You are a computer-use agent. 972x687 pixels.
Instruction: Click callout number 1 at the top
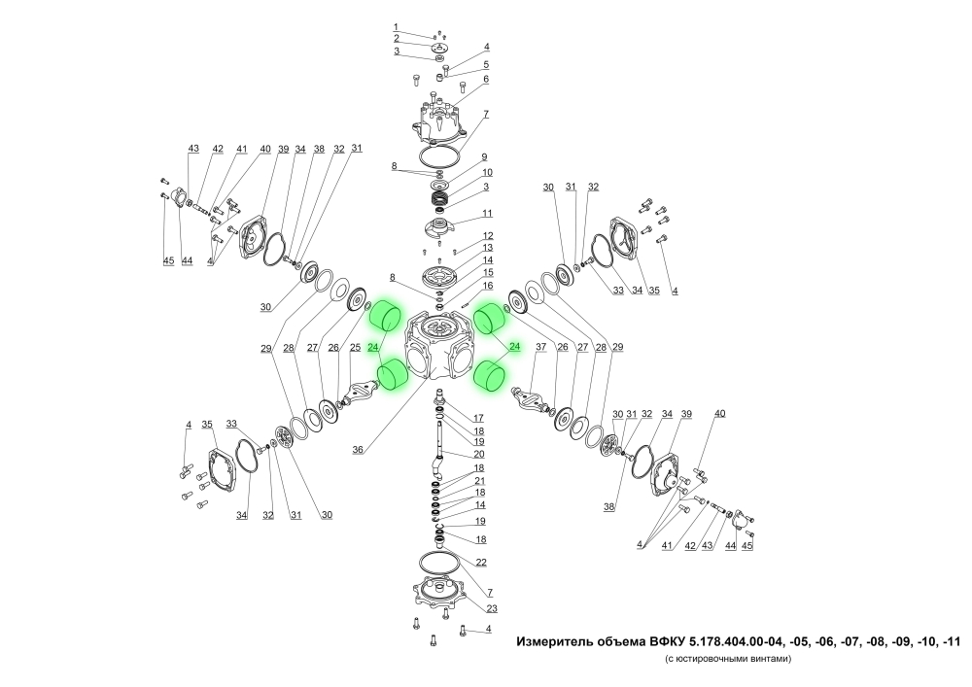pos(396,27)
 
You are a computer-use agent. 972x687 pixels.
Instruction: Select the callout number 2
pos(397,39)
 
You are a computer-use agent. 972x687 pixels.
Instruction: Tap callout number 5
pos(486,64)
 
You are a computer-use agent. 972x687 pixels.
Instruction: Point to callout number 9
pos(484,157)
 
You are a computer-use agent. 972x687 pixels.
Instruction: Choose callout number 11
pos(487,214)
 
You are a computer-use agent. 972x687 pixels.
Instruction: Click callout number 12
pos(488,236)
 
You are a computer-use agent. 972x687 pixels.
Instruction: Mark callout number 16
pos(488,286)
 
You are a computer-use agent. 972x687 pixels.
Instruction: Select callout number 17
pos(478,418)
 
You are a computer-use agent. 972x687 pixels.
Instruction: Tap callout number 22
pos(481,563)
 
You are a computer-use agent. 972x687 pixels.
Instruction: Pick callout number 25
pos(355,348)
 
